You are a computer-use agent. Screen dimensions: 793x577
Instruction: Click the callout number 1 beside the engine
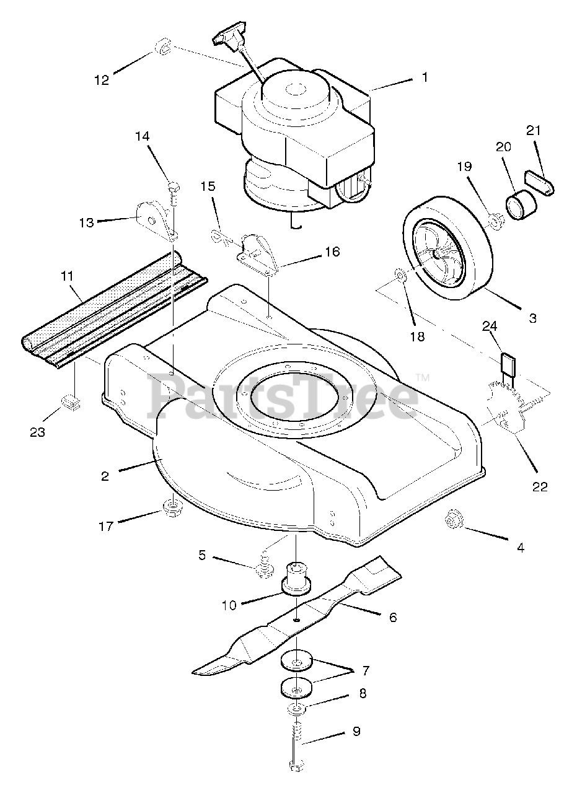click(425, 77)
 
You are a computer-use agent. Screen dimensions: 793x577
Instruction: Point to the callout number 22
click(540, 486)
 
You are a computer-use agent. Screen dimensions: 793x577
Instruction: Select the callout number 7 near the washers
click(366, 670)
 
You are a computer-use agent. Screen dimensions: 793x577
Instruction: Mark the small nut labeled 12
click(162, 48)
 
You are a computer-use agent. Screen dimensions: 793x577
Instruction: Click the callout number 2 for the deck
click(105, 476)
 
